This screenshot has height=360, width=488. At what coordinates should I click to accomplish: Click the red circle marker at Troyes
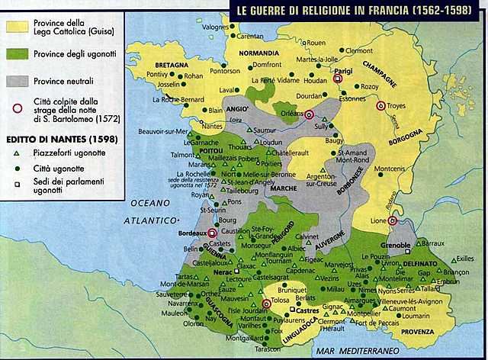[381, 105]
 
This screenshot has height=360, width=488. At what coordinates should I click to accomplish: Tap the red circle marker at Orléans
[310, 114]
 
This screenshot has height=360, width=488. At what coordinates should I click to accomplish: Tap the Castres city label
[310, 312]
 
